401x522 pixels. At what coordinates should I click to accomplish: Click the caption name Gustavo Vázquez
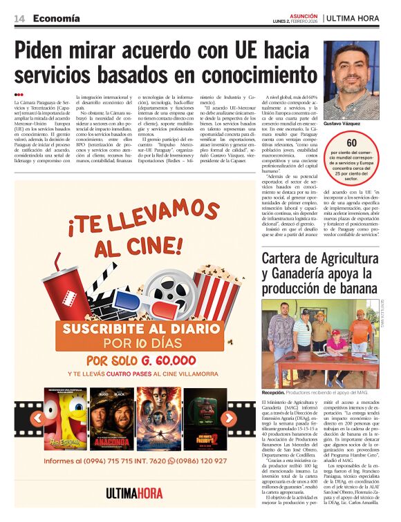click(x=342, y=123)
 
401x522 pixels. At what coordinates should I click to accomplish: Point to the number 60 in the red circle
click(x=352, y=142)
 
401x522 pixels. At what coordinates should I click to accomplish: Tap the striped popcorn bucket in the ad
click(x=217, y=290)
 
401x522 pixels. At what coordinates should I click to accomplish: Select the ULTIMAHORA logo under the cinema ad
click(x=135, y=492)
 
